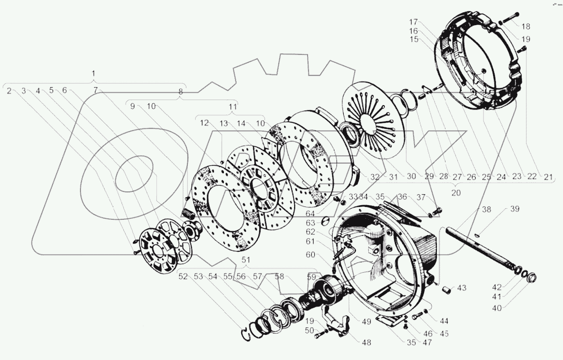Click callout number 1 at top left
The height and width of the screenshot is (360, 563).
94,73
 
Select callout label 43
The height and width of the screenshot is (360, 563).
462,288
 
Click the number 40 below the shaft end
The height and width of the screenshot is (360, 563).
497,308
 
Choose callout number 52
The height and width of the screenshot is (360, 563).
183,276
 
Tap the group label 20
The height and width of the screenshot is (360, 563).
456,193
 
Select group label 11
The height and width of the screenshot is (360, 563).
233,107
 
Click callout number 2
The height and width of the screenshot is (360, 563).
9,90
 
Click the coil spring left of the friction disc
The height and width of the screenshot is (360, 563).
187,213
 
